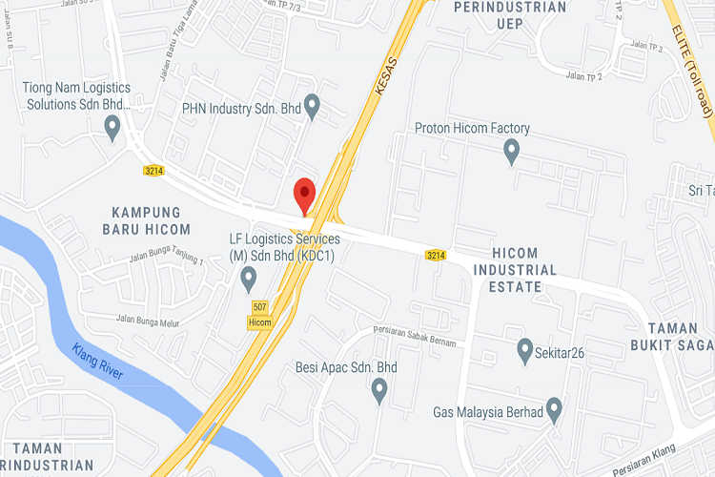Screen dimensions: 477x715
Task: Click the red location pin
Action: [x=304, y=196]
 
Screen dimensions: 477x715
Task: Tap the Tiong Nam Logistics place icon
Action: [x=112, y=127]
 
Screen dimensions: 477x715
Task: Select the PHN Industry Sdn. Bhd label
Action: [x=242, y=110]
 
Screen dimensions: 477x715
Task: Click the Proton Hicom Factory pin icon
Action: [x=511, y=151]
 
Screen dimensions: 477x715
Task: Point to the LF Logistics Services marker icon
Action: [x=249, y=280]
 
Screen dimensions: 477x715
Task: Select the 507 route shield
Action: [x=260, y=307]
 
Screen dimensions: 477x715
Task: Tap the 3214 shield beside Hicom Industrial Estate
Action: [x=436, y=255]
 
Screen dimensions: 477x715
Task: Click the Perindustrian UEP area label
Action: [x=511, y=14]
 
